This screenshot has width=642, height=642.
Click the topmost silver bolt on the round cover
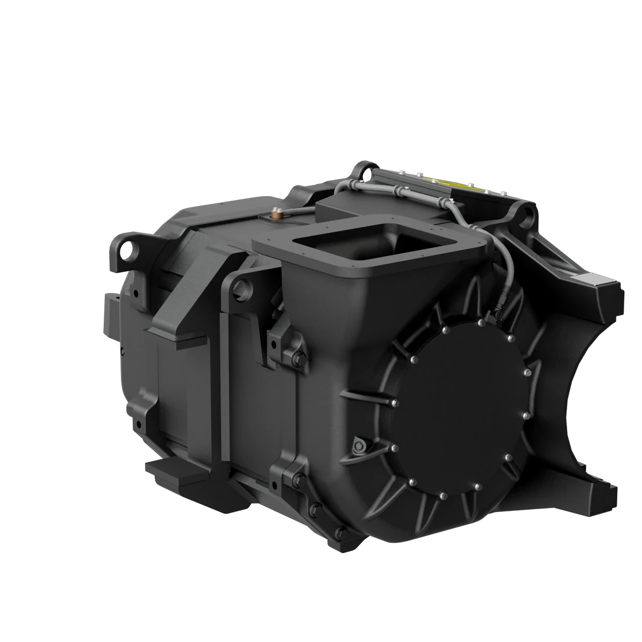(x=480, y=323)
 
